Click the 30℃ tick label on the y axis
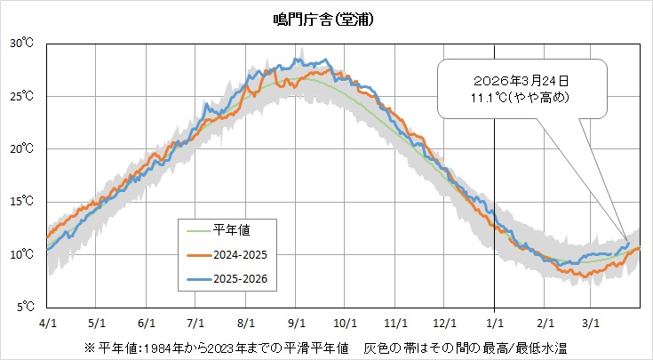(x=22, y=43)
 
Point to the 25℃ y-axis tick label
(x=22, y=96)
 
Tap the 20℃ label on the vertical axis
(x=22, y=148)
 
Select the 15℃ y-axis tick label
(x=22, y=202)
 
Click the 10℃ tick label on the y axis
(x=22, y=254)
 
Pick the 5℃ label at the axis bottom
(x=25, y=308)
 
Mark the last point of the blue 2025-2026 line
(x=628, y=243)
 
